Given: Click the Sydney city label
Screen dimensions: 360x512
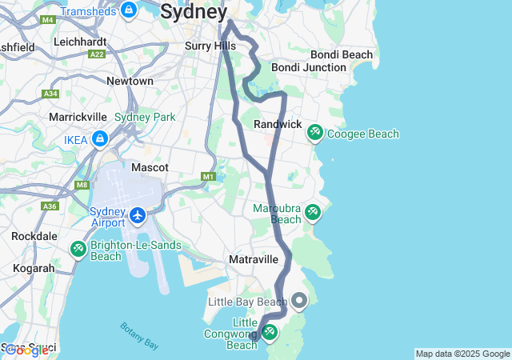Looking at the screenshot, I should click(x=194, y=11).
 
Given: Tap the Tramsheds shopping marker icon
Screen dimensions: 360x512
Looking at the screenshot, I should click(x=128, y=10).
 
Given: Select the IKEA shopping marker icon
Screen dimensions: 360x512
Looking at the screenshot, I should click(x=100, y=140).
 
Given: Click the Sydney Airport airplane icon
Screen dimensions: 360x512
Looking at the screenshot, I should click(x=138, y=215).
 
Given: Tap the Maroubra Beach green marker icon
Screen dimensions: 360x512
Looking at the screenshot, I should click(x=313, y=212).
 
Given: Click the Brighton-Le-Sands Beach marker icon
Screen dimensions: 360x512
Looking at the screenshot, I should click(x=78, y=249).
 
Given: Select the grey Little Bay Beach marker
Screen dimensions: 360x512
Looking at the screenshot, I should click(x=300, y=301).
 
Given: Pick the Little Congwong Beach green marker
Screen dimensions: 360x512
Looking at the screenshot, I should click(x=270, y=331).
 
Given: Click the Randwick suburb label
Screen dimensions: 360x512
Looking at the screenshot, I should click(x=277, y=125).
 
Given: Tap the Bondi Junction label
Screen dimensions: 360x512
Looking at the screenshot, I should click(x=308, y=67).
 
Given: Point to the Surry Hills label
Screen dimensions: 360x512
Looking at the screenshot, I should click(x=210, y=46).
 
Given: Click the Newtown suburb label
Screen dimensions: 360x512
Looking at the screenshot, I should click(x=130, y=82).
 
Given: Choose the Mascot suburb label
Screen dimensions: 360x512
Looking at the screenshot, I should click(x=150, y=168).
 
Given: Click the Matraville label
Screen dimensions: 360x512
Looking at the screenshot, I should click(x=253, y=260).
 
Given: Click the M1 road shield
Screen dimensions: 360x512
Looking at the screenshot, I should click(x=209, y=176).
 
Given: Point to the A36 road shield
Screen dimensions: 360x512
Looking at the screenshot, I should click(x=50, y=206).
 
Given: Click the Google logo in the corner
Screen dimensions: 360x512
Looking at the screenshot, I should click(x=26, y=350).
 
